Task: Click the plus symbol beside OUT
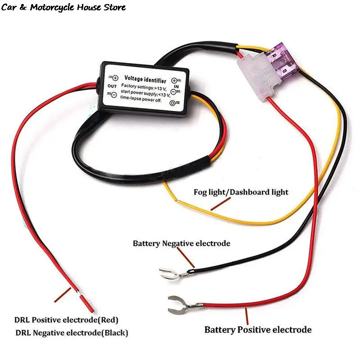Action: click(x=115, y=78)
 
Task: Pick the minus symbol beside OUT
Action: click(x=114, y=94)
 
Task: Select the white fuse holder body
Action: click(x=256, y=81)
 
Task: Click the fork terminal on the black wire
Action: click(x=170, y=272)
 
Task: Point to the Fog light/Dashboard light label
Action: click(x=241, y=192)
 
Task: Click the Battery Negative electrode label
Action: click(x=181, y=243)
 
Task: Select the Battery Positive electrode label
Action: click(x=258, y=330)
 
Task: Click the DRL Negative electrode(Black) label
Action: click(x=72, y=333)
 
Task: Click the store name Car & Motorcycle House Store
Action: click(x=63, y=8)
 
